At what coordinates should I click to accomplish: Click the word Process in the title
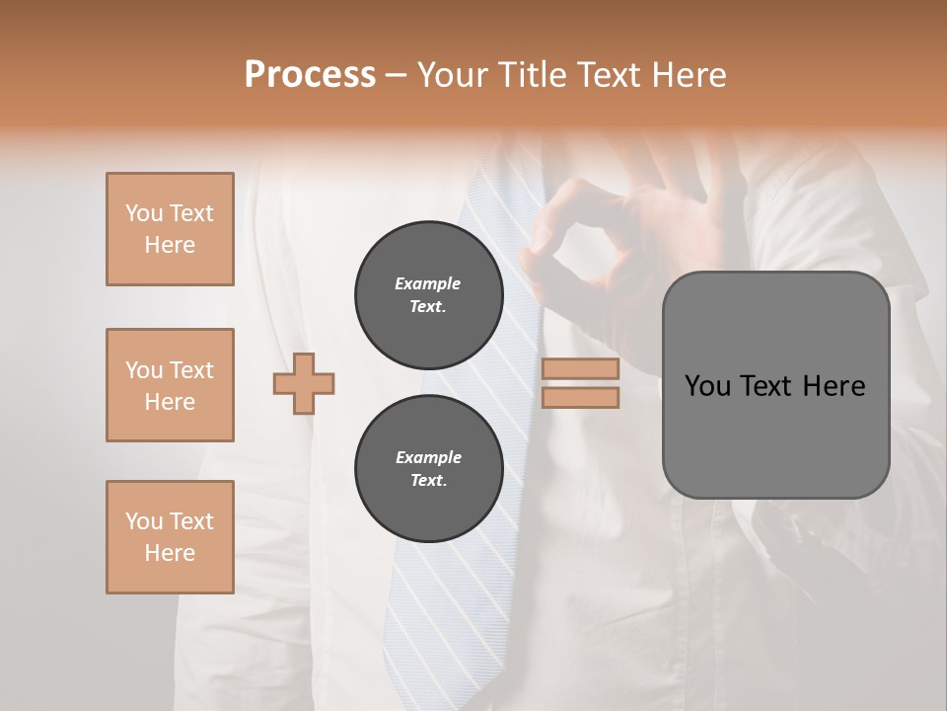(x=310, y=75)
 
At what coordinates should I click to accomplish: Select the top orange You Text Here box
(x=170, y=229)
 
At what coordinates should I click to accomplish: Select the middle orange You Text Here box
(x=170, y=385)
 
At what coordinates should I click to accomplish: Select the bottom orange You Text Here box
(x=170, y=537)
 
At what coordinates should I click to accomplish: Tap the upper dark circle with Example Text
(x=428, y=295)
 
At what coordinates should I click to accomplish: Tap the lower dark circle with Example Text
(x=428, y=469)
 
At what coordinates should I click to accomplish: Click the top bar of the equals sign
(x=580, y=368)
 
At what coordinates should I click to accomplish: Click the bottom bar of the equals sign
(x=580, y=397)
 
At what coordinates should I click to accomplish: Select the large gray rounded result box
(x=775, y=385)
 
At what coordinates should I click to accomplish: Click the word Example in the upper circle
(x=428, y=283)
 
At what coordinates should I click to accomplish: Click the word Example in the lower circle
(x=428, y=457)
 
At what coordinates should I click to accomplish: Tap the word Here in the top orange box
(x=170, y=245)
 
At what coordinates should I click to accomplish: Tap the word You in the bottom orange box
(x=143, y=521)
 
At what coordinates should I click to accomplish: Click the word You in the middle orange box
(x=143, y=370)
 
